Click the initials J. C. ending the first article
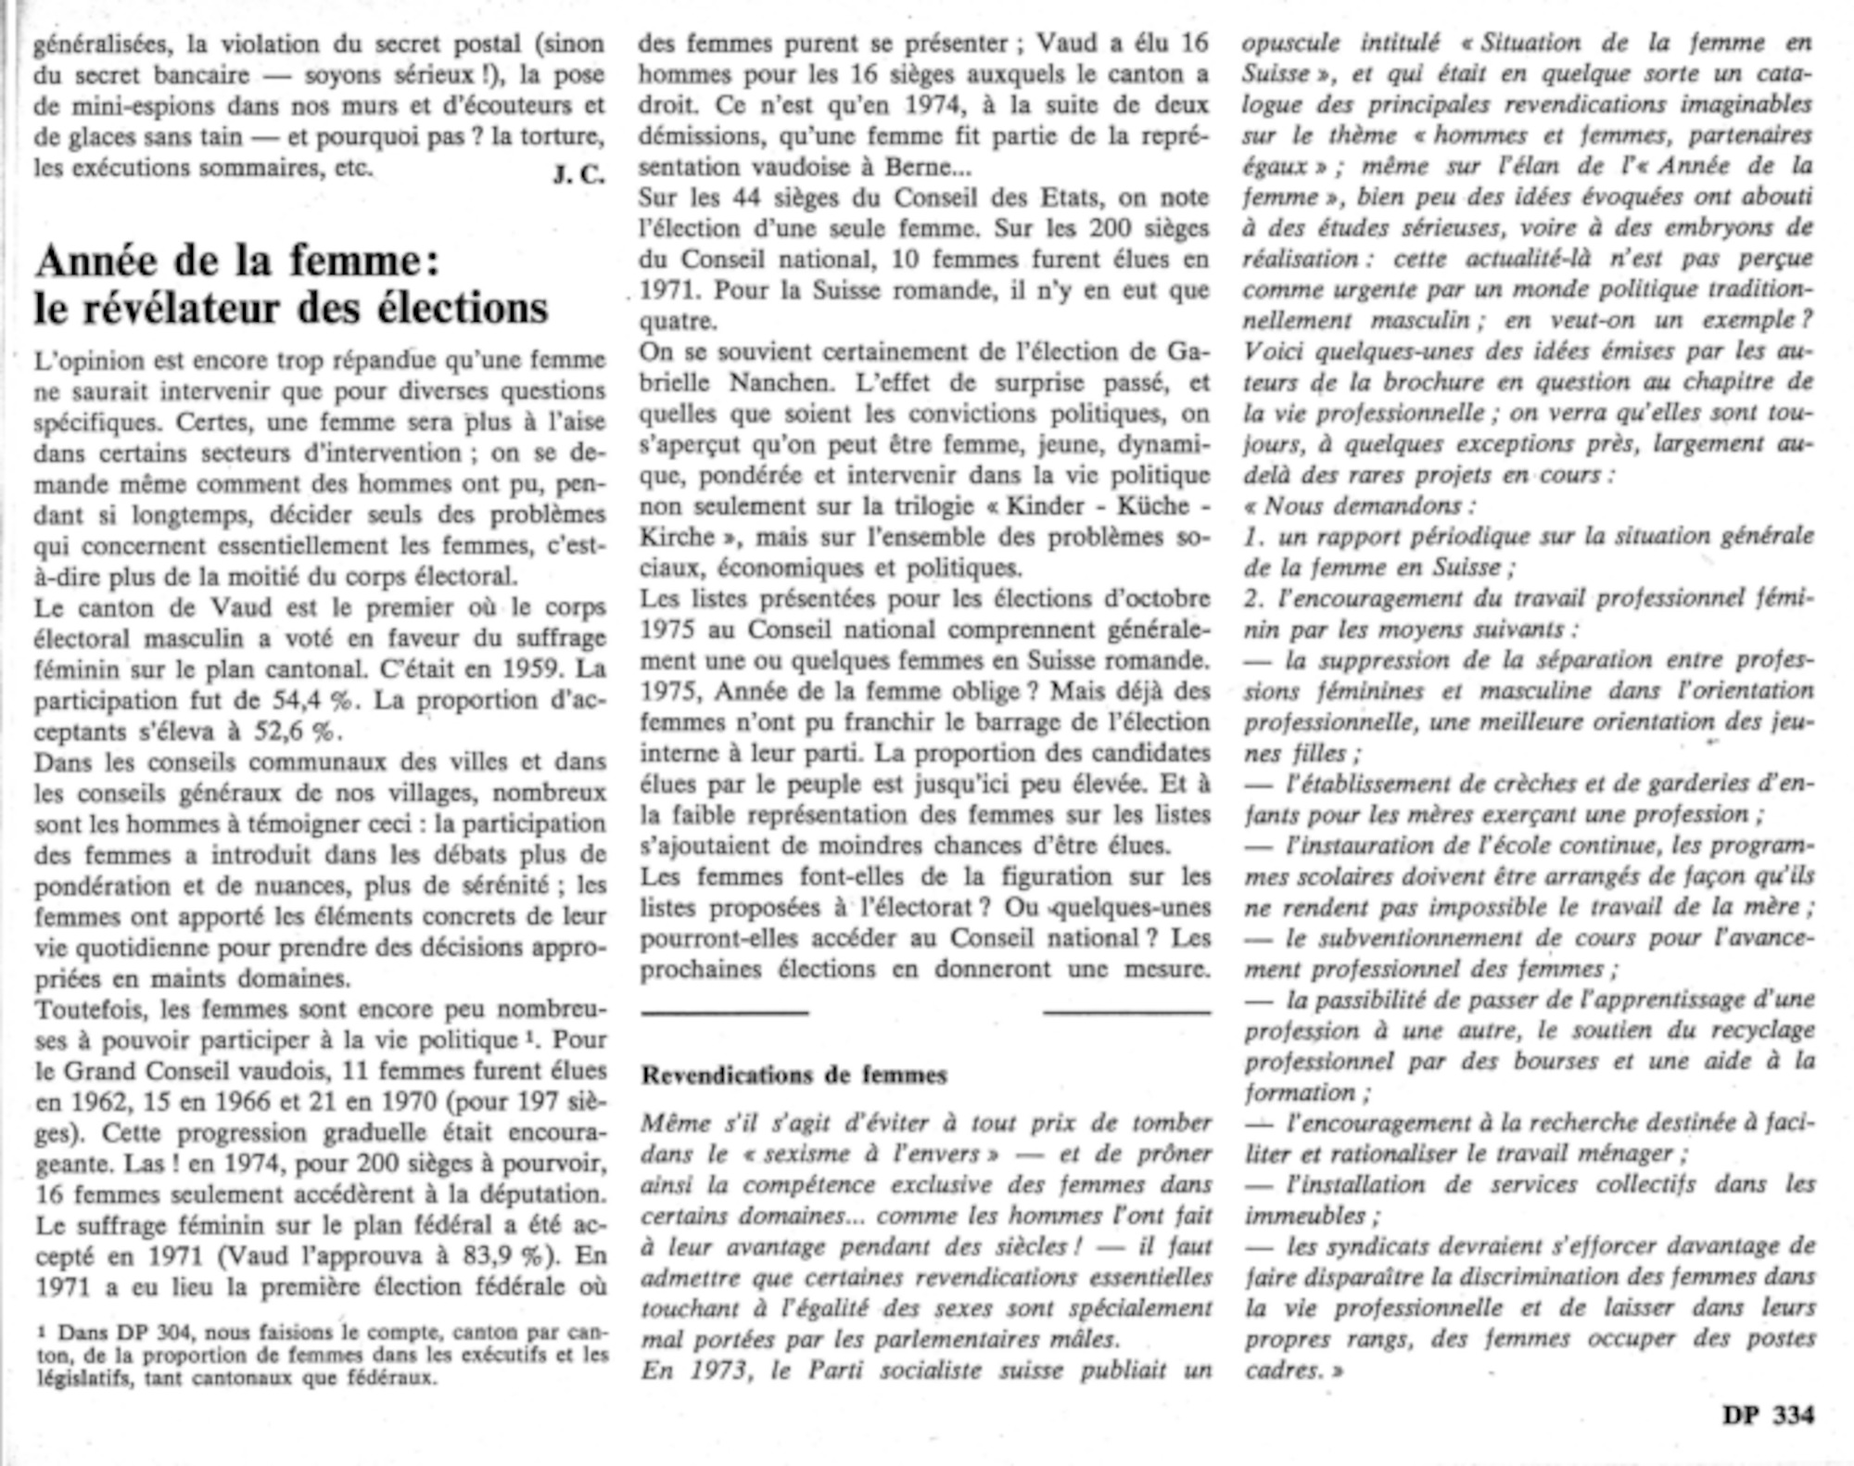[x=578, y=173]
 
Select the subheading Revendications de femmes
[x=794, y=1075]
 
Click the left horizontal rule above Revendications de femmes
[x=724, y=1012]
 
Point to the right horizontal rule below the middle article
[x=1126, y=1012]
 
